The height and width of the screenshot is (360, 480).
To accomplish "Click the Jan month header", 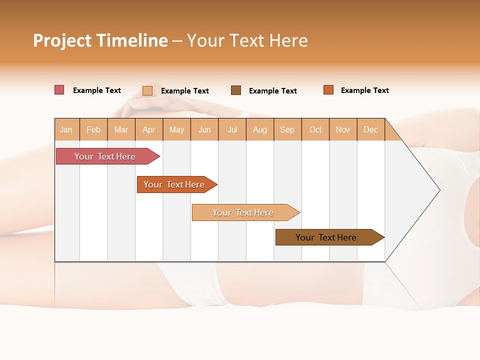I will [x=66, y=129].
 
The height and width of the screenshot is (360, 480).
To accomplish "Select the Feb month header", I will [x=93, y=129].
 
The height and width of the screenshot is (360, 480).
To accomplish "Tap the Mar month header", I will [x=121, y=129].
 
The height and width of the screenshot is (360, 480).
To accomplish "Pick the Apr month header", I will [x=149, y=129].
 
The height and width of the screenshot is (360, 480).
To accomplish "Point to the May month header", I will [x=176, y=129].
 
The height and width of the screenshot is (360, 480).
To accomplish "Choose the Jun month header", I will [x=204, y=129].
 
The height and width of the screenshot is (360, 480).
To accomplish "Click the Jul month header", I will [x=232, y=129].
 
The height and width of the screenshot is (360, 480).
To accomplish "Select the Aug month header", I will [x=260, y=129].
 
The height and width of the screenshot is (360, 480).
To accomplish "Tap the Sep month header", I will [x=287, y=129].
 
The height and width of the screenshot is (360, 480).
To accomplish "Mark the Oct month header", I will [x=315, y=129].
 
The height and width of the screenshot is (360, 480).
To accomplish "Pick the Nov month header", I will [x=343, y=129].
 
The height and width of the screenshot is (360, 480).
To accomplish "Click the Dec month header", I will [x=371, y=129].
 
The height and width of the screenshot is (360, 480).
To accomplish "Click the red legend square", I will [x=59, y=90].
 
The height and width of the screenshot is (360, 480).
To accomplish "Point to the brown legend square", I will [x=236, y=90].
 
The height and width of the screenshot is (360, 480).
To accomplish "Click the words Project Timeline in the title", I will [x=100, y=40].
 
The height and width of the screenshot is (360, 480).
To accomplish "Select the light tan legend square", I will [x=147, y=90].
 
